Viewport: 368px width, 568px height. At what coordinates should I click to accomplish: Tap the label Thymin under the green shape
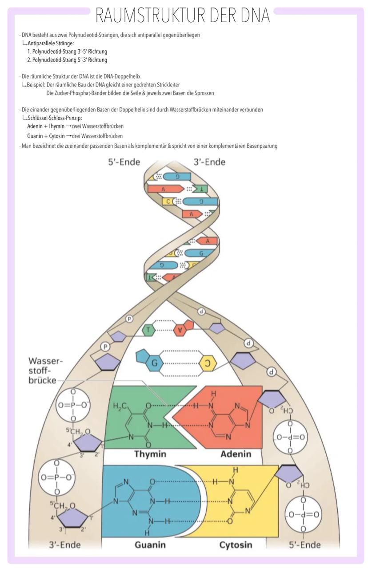pyautogui.click(x=150, y=454)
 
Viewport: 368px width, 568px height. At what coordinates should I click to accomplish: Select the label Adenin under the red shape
pyautogui.click(x=236, y=454)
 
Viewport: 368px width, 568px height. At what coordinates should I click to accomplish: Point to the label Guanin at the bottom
pyautogui.click(x=150, y=544)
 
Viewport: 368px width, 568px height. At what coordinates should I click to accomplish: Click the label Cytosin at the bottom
pyautogui.click(x=236, y=544)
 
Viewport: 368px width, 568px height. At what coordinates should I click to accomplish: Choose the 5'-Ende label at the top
pyautogui.click(x=124, y=162)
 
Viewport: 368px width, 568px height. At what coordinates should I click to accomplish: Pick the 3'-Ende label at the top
pyautogui.click(x=209, y=162)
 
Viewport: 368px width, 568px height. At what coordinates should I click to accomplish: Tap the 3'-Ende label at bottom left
pyautogui.click(x=64, y=544)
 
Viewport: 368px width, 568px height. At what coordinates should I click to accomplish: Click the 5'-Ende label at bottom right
pyautogui.click(x=305, y=544)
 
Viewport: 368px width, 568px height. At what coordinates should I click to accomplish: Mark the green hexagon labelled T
pyautogui.click(x=149, y=330)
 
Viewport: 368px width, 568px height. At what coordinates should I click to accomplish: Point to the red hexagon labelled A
pyautogui.click(x=180, y=330)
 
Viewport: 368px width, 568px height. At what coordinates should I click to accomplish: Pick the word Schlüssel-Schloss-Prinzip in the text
pyautogui.click(x=55, y=118)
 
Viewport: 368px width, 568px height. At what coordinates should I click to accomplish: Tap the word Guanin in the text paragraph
pyautogui.click(x=34, y=136)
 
